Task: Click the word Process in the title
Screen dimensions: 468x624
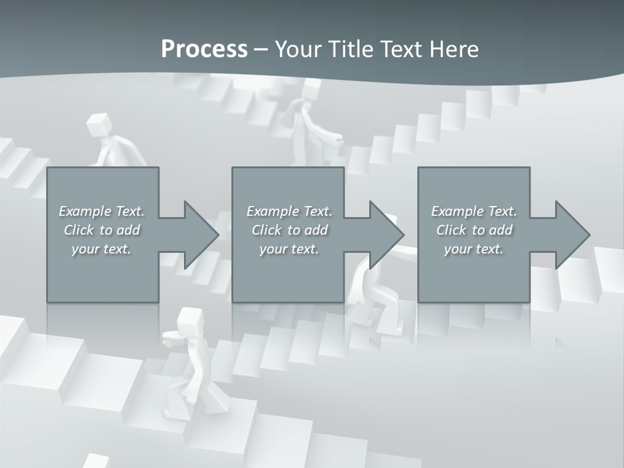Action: [204, 49]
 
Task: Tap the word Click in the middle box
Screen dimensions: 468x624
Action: [266, 230]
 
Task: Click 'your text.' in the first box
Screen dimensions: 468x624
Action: [101, 249]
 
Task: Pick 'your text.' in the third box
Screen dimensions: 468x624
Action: [474, 249]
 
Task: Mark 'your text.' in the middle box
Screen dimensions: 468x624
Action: [289, 249]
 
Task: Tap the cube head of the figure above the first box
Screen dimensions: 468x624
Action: [97, 123]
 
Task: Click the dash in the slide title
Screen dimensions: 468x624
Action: [261, 49]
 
